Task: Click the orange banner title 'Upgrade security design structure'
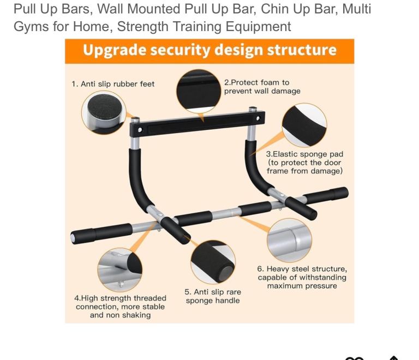[x=209, y=50]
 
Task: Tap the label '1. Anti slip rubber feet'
[x=113, y=84]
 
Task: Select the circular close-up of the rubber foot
[x=104, y=112]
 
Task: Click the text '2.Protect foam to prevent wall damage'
[x=262, y=87]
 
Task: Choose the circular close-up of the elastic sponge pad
[x=304, y=125]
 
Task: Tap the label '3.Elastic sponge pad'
[x=304, y=154]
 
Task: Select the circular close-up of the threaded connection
[x=119, y=270]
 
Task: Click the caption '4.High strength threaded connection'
[x=120, y=302]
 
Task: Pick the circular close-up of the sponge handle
[x=213, y=262]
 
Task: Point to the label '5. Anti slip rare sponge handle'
[x=213, y=296]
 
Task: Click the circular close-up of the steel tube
[x=289, y=240]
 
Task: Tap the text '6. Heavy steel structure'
[x=302, y=269]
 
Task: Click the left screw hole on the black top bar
[x=140, y=130]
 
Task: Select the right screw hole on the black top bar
[x=258, y=118]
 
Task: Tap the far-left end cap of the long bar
[x=73, y=237]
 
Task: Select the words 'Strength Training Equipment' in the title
[x=204, y=26]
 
